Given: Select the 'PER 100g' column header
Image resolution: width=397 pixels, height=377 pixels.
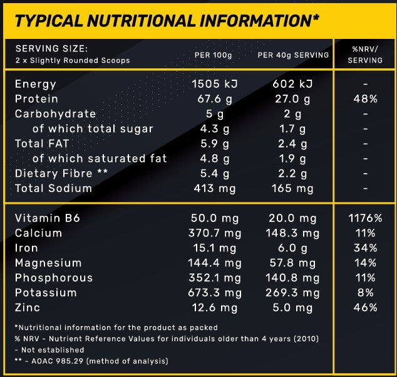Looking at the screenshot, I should pyautogui.click(x=212, y=55).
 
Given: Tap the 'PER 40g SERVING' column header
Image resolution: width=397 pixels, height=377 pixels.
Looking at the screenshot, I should pyautogui.click(x=293, y=55).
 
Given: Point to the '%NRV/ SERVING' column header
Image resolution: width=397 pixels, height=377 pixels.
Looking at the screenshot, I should pyautogui.click(x=365, y=55).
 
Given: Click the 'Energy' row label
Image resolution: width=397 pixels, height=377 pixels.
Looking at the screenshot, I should pyautogui.click(x=35, y=84).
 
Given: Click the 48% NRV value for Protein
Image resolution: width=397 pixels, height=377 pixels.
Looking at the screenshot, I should pyautogui.click(x=364, y=99).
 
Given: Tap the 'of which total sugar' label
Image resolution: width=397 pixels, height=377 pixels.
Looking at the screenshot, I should pyautogui.click(x=93, y=129).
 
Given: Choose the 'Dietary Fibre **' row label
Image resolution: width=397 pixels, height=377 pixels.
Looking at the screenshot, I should pyautogui.click(x=53, y=173).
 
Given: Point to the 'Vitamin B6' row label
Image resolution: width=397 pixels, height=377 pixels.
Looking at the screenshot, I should pyautogui.click(x=48, y=218).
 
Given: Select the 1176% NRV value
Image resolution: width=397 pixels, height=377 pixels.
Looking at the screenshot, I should pyautogui.click(x=364, y=218).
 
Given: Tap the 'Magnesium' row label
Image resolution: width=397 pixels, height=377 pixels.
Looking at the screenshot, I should pyautogui.click(x=48, y=263).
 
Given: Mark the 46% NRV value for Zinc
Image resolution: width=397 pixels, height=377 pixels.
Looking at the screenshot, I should pyautogui.click(x=364, y=307).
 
